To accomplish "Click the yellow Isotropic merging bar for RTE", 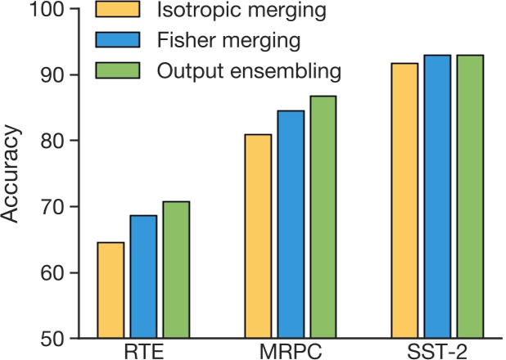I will (x=111, y=290).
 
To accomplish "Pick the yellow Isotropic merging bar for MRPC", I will (x=258, y=236).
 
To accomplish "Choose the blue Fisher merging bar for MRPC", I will (x=291, y=224).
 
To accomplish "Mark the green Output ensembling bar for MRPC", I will (x=323, y=217).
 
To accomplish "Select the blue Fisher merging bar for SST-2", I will (x=437, y=196).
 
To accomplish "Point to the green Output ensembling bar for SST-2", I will (x=470, y=196).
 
